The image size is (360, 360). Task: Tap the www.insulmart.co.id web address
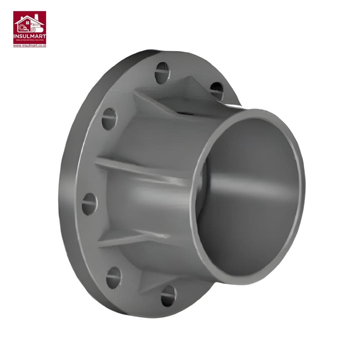(30, 45)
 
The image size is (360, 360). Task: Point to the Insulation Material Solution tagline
(30, 40)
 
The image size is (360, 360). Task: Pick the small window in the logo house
(27, 23)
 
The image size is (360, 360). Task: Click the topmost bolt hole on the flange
(163, 72)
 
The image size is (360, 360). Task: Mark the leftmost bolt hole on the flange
(89, 203)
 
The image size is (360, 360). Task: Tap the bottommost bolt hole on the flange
(168, 296)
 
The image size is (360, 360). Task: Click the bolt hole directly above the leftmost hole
(109, 119)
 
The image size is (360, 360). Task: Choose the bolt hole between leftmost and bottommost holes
(114, 277)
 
